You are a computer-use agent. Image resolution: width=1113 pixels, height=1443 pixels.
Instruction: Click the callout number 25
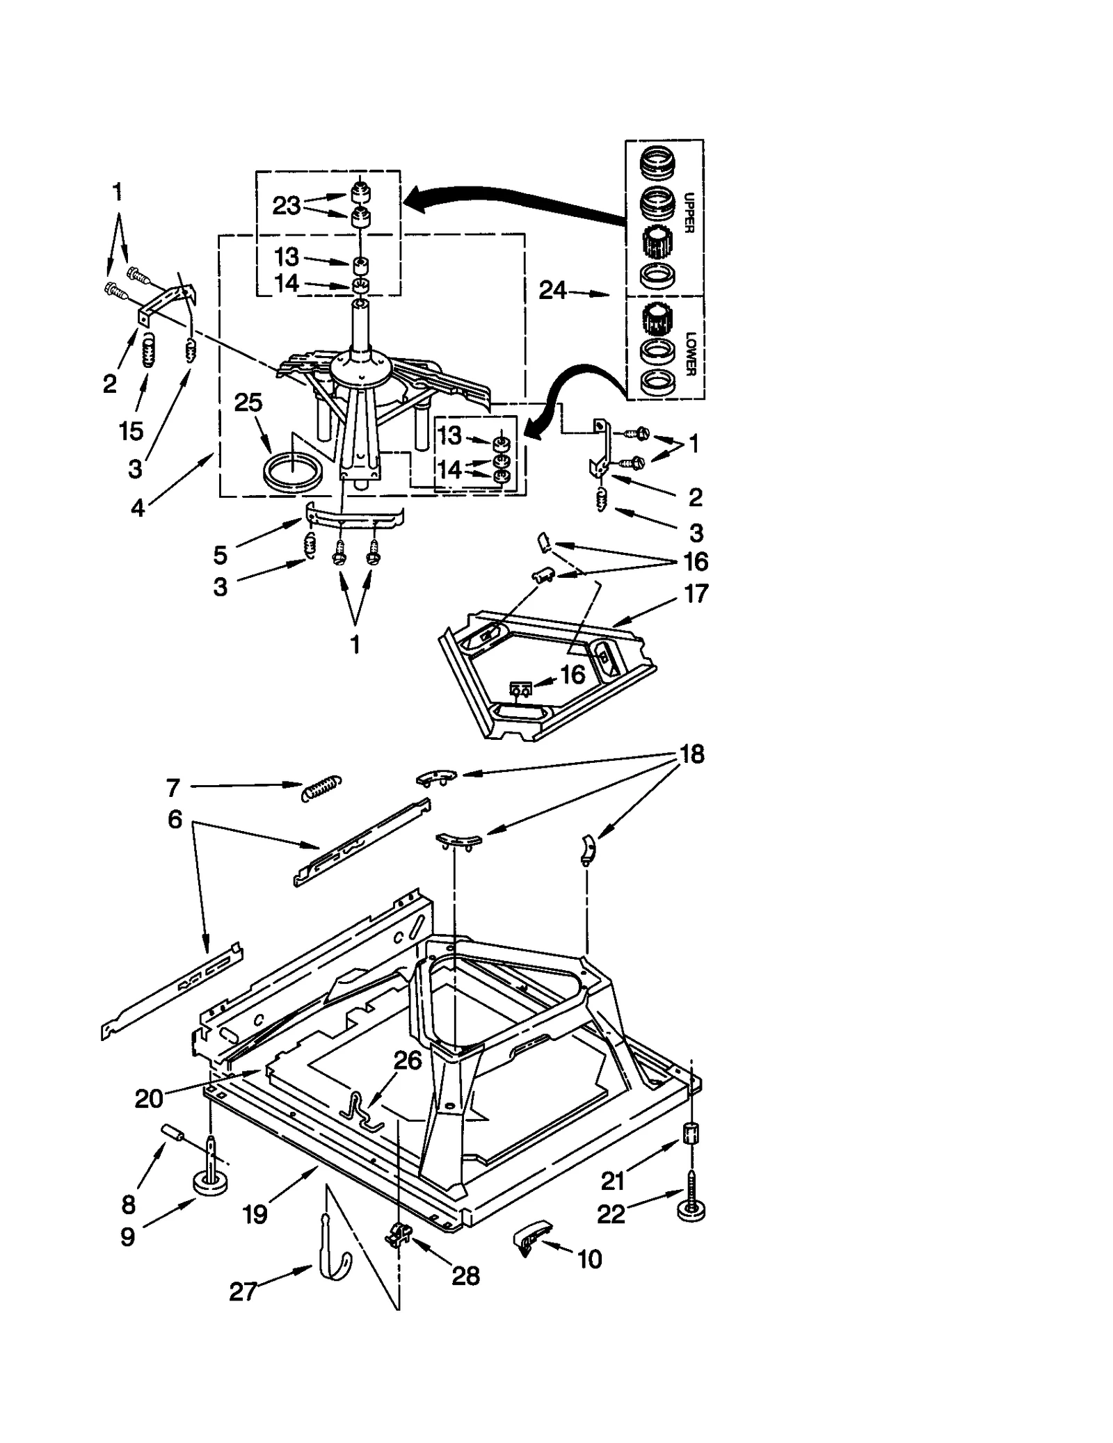tap(248, 403)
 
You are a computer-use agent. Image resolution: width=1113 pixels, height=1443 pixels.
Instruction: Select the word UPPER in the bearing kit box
tap(689, 212)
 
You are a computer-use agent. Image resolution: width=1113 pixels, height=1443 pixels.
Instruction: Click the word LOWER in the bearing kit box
tap(690, 354)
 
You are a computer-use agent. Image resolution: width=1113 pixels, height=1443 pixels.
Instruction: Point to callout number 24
tap(553, 291)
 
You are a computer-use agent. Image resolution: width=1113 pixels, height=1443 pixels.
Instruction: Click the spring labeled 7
tap(321, 789)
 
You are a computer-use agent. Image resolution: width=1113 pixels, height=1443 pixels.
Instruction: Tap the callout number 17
tap(696, 593)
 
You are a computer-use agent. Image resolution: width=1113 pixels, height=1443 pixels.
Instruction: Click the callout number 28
tap(465, 1275)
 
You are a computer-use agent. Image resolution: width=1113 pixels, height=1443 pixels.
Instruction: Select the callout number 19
tap(255, 1214)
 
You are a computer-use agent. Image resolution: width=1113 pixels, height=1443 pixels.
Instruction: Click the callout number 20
tap(149, 1099)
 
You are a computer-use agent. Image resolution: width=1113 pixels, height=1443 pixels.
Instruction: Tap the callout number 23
tap(286, 206)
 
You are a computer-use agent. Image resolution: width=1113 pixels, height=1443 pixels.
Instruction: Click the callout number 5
tap(220, 555)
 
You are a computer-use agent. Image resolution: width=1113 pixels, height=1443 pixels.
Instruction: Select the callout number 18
tap(691, 754)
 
